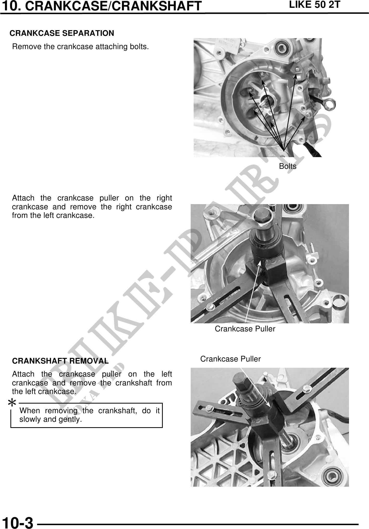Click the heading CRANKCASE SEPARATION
[62, 33]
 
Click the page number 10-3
[17, 522]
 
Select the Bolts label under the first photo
[288, 166]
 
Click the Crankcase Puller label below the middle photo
[245, 329]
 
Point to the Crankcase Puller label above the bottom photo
[230, 359]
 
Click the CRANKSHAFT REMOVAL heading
[60, 361]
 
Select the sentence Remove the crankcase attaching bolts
[80, 47]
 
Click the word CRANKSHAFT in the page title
[157, 6]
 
